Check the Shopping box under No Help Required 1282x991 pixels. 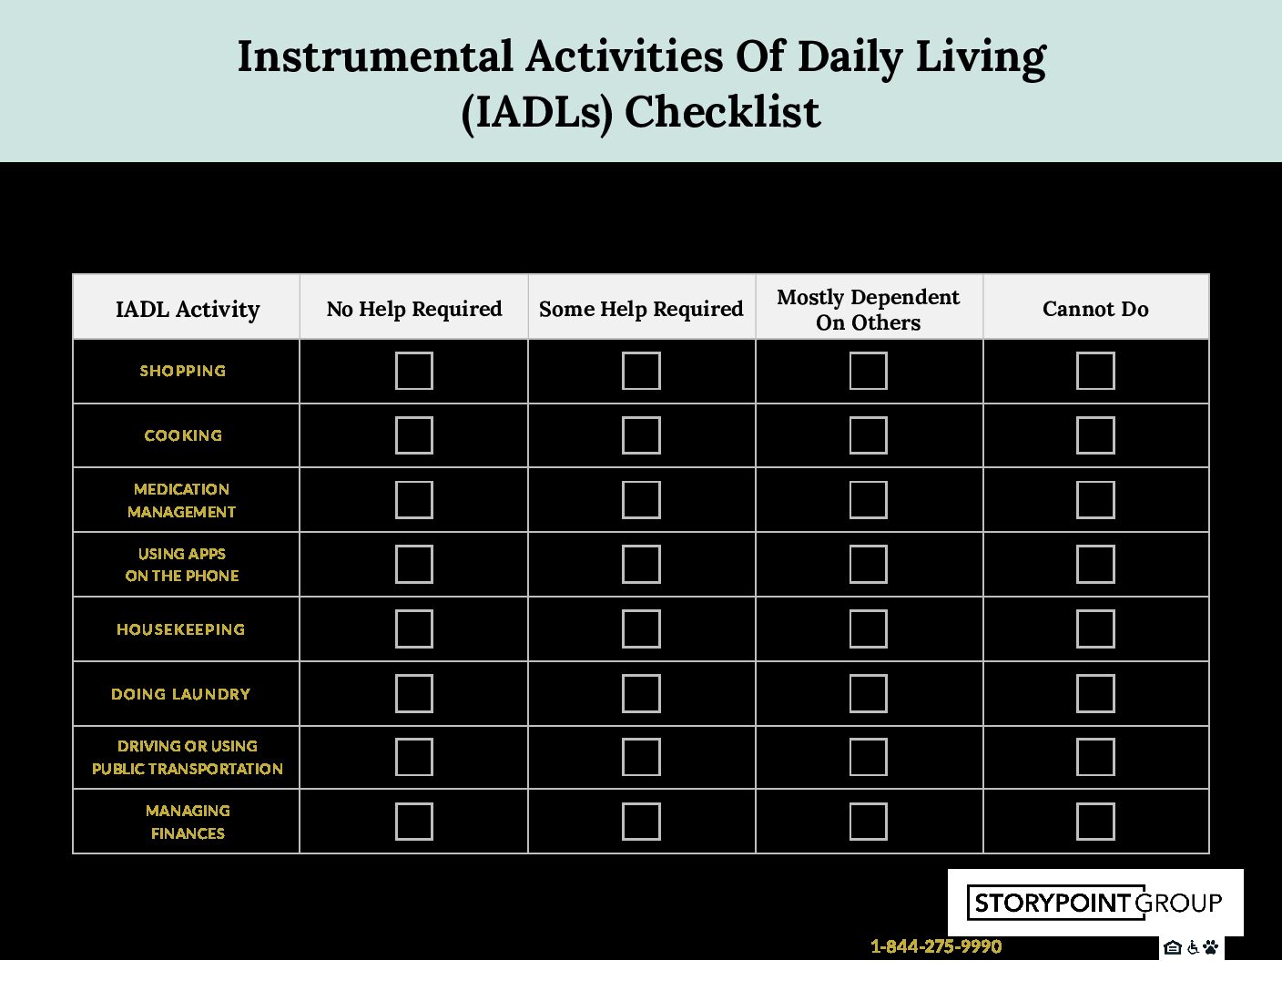coord(413,371)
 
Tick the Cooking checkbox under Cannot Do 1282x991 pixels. coord(1095,435)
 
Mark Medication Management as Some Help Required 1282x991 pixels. coord(641,500)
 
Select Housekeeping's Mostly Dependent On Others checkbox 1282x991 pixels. coord(868,629)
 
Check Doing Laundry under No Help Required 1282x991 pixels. coord(413,693)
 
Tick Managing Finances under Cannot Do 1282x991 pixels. coord(1095,822)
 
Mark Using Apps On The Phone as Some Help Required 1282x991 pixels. coord(641,564)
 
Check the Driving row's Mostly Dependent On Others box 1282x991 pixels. coord(868,757)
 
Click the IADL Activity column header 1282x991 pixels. coord(187,310)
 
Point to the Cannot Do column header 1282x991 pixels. coord(1095,309)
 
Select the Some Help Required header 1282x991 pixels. coord(641,310)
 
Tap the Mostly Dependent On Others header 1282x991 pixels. coord(868,310)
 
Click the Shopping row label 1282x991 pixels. coord(183,371)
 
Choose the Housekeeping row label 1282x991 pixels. coord(180,629)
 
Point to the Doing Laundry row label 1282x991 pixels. coord(180,694)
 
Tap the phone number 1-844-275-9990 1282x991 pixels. coord(936,946)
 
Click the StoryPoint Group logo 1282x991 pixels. coord(1095,903)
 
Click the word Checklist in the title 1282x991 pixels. coord(722,112)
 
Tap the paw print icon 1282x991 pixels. coord(1210,947)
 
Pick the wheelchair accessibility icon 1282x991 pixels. coord(1193,947)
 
